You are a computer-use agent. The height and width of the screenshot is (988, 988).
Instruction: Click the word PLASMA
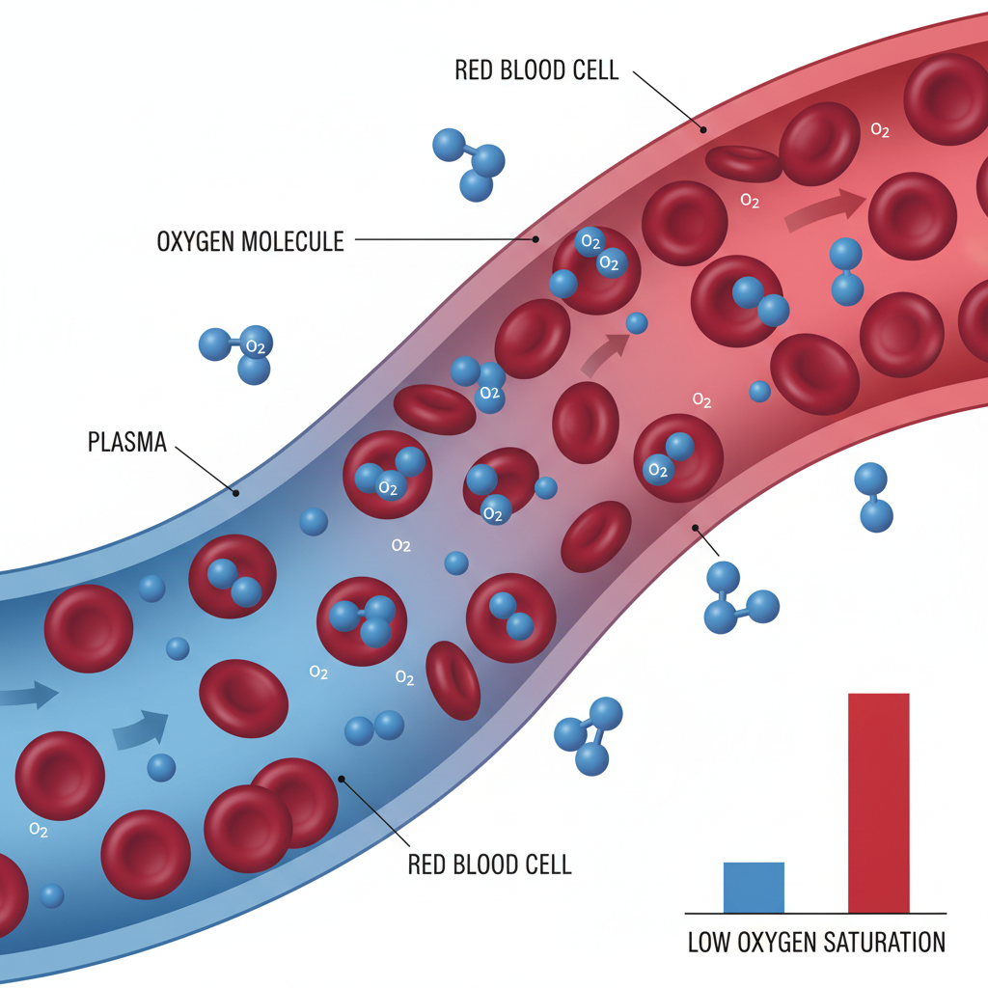[x=127, y=443]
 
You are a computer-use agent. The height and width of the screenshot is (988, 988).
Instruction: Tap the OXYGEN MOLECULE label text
[x=250, y=240]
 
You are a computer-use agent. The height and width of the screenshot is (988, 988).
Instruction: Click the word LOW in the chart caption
[x=711, y=942]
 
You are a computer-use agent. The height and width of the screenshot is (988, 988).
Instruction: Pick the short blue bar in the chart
[x=754, y=887]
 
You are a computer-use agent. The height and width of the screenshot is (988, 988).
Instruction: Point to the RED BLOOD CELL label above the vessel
[x=535, y=71]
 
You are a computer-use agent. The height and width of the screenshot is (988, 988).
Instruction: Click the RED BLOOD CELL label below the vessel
[x=489, y=863]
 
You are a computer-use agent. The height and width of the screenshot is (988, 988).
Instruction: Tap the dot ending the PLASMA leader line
[x=235, y=492]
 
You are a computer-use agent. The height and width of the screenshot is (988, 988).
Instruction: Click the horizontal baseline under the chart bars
[x=815, y=913]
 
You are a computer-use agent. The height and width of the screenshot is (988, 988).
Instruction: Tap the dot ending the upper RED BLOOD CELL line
[x=703, y=128]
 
